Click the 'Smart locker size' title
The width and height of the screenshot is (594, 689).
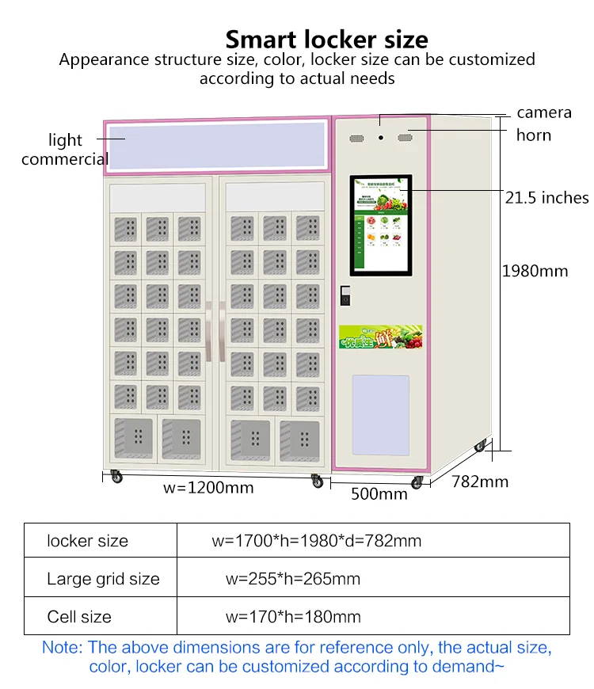pyautogui.click(x=326, y=40)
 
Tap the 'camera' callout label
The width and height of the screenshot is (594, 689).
pyautogui.click(x=543, y=112)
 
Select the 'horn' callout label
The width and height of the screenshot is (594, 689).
pyautogui.click(x=533, y=135)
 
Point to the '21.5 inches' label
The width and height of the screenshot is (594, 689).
pyautogui.click(x=546, y=197)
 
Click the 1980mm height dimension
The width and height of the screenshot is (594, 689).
pyautogui.click(x=535, y=271)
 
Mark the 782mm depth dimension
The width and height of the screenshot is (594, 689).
pyautogui.click(x=480, y=481)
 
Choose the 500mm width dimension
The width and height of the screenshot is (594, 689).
pyautogui.click(x=379, y=494)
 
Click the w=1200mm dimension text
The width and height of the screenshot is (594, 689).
pyautogui.click(x=208, y=487)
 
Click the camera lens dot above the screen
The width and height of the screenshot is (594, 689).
pyautogui.click(x=381, y=137)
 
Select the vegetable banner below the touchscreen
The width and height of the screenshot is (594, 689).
pyautogui.click(x=380, y=337)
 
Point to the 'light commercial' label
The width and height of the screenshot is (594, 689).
pyautogui.click(x=65, y=150)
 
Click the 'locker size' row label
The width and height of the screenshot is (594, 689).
pyautogui.click(x=87, y=541)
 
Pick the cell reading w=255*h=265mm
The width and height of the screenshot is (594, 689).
pyautogui.click(x=292, y=579)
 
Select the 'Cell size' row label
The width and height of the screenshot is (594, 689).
pyautogui.click(x=79, y=617)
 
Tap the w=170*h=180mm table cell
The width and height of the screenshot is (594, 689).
pyautogui.click(x=292, y=617)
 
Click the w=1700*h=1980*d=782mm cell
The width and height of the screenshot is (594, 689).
pyautogui.click(x=316, y=541)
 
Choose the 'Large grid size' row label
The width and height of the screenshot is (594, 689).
pyautogui.click(x=103, y=579)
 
